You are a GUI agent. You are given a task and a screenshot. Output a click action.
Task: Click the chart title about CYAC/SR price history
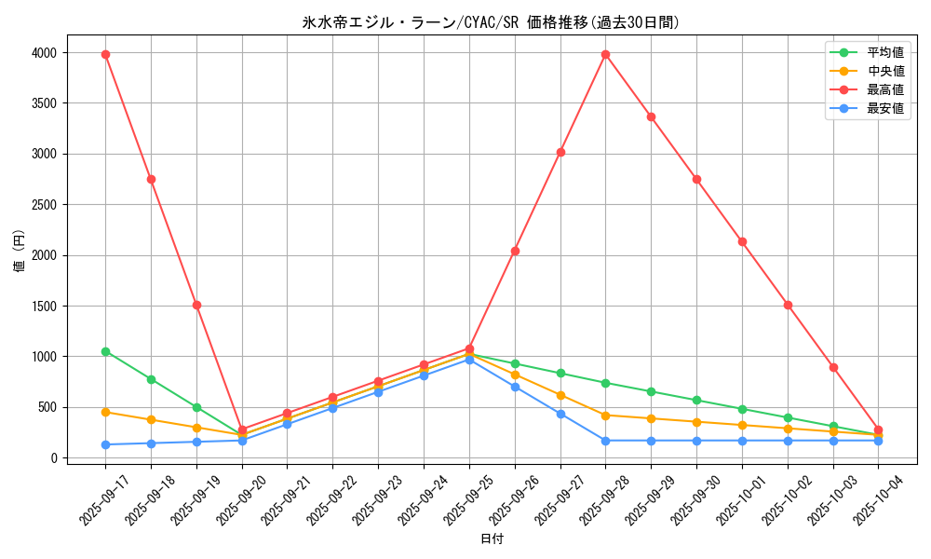coord(491,22)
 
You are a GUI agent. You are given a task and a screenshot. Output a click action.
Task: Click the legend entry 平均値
coord(884,52)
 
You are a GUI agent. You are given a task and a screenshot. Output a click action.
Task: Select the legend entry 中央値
coord(884,71)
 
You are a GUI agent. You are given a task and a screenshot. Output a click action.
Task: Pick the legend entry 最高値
coord(884,89)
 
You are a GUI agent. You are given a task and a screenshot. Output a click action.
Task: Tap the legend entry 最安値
coord(884,108)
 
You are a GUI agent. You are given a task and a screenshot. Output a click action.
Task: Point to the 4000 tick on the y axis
coord(44,53)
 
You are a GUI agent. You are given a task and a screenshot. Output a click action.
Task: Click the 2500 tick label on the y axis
coord(44,205)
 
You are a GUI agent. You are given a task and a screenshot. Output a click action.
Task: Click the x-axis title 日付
coord(491,539)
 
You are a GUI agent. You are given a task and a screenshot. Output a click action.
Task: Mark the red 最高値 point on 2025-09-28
coord(605,54)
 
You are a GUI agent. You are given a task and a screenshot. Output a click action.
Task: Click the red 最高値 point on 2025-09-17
coord(105,54)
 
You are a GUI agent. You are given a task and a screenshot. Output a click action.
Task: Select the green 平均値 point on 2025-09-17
coord(105,351)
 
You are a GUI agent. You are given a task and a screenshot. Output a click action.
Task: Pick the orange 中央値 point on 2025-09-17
coord(105,412)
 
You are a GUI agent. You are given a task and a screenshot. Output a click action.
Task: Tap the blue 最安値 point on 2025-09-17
coord(105,444)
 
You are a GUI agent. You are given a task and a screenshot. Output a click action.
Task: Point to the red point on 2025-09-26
coord(515,251)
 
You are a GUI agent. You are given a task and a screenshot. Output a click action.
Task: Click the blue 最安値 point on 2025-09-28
coord(605,441)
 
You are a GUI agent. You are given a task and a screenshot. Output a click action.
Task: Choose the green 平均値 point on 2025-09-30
coord(696,401)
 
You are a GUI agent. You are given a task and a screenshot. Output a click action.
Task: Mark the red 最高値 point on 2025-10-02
coord(788,305)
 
